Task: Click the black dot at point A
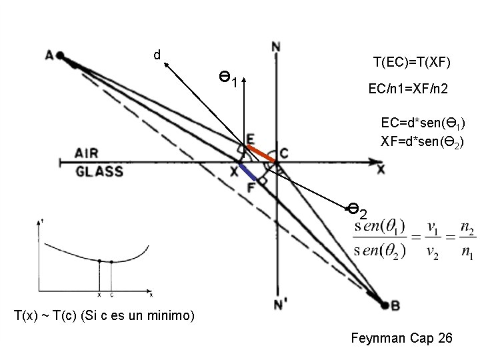(x=60, y=55)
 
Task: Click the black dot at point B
(x=385, y=305)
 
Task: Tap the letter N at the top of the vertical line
(x=276, y=47)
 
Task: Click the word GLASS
(x=99, y=171)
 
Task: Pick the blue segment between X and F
(x=248, y=172)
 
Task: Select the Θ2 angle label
(x=358, y=211)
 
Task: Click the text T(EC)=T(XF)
(x=412, y=63)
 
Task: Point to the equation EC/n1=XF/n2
(x=408, y=88)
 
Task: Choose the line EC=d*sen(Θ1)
(x=423, y=123)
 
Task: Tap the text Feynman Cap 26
(x=401, y=339)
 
